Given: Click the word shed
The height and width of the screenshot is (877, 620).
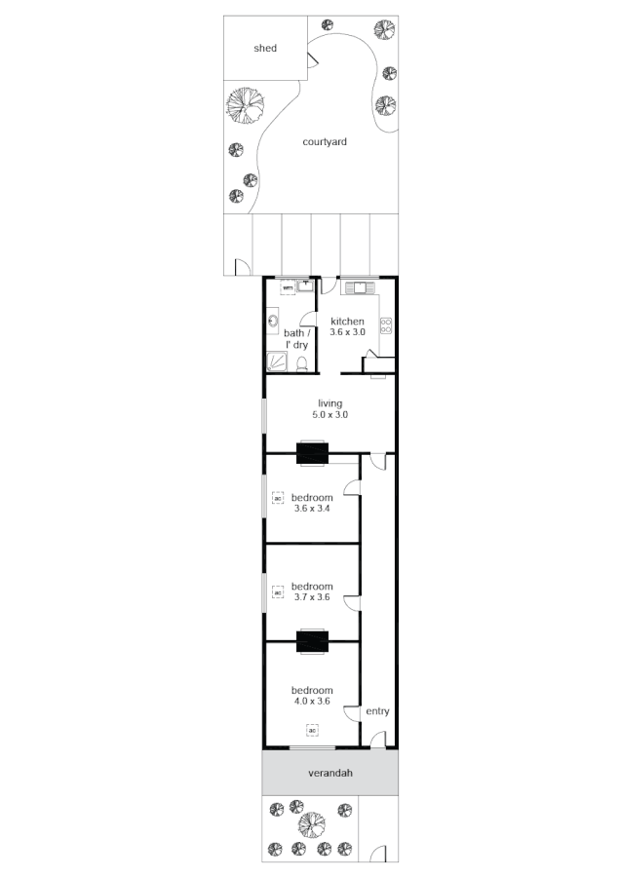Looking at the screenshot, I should click(x=265, y=48).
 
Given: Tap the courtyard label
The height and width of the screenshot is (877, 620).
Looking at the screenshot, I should click(x=325, y=141).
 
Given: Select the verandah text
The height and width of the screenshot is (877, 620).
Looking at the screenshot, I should click(x=329, y=774).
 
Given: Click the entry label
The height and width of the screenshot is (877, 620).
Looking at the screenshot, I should click(x=377, y=711).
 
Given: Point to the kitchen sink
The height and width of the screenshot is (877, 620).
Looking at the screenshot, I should click(x=359, y=287).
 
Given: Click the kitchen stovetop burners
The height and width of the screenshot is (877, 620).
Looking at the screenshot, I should click(x=385, y=326).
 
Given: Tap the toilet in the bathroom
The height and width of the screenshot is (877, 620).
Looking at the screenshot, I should click(x=302, y=364).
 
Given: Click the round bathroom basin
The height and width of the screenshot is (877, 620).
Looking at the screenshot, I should click(x=272, y=321).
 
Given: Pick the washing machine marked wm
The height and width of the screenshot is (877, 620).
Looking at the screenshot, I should click(x=288, y=288).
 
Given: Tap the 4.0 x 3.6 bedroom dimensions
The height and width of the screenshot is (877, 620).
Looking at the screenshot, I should click(x=312, y=701).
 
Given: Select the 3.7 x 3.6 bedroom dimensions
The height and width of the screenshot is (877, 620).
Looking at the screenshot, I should click(x=312, y=597).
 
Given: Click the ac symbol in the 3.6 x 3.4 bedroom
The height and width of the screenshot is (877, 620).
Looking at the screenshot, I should click(x=277, y=499).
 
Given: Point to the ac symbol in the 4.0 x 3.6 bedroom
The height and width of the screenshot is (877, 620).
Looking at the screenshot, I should click(x=312, y=729).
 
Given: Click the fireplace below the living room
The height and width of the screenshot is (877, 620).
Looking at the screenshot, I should click(x=312, y=453).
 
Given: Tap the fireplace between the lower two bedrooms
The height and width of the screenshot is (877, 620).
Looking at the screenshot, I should click(x=312, y=640).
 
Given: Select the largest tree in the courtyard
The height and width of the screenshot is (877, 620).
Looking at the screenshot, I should click(x=246, y=106).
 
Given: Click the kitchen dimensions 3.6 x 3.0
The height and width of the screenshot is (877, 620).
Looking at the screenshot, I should click(x=347, y=332).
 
